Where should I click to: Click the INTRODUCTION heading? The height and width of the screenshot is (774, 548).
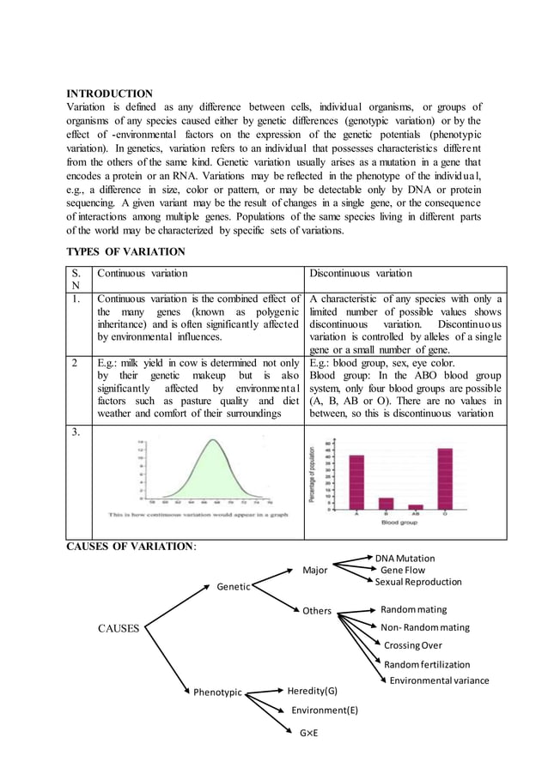click(x=110, y=94)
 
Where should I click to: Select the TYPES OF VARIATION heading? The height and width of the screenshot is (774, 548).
click(x=125, y=251)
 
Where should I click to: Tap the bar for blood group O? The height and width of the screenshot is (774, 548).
click(x=445, y=479)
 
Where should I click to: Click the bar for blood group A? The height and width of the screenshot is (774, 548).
click(x=356, y=482)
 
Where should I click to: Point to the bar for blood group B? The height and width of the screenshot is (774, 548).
click(x=387, y=504)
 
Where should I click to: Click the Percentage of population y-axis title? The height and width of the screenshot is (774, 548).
click(x=314, y=476)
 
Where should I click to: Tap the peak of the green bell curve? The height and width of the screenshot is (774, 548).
click(x=213, y=441)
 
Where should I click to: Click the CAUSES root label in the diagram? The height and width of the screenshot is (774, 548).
click(x=119, y=628)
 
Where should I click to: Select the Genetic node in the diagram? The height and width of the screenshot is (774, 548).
click(x=233, y=587)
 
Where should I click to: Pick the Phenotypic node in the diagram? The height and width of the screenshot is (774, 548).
click(x=217, y=692)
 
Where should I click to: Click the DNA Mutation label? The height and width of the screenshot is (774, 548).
click(x=405, y=558)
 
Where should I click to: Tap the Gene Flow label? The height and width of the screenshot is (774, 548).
click(x=402, y=570)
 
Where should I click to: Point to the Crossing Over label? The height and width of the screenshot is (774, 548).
click(x=413, y=645)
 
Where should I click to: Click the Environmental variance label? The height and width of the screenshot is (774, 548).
click(x=439, y=680)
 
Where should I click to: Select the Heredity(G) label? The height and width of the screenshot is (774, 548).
click(x=312, y=691)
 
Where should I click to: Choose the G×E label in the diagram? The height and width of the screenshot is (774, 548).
click(x=308, y=733)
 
